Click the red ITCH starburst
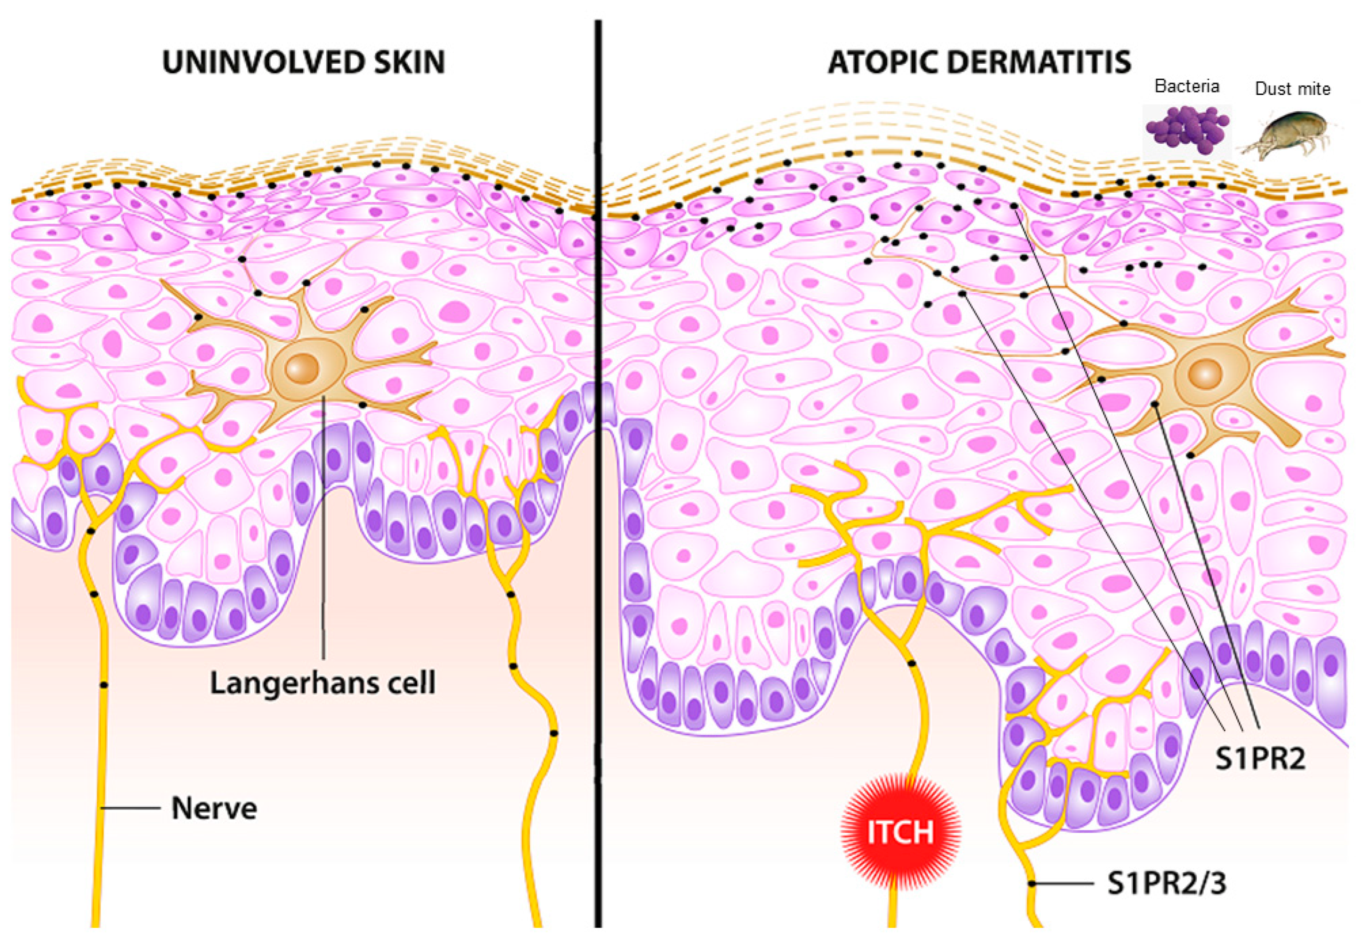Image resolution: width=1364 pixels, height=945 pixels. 900,831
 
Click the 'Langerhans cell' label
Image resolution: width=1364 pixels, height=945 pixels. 323,683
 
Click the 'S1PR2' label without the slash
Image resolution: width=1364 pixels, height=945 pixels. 1260,759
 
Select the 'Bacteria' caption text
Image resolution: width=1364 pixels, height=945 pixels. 1187,86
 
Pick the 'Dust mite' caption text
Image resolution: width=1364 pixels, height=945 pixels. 1292,89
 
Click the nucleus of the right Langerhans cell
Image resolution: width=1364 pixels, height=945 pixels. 1205,374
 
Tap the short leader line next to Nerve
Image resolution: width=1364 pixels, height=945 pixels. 131,807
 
